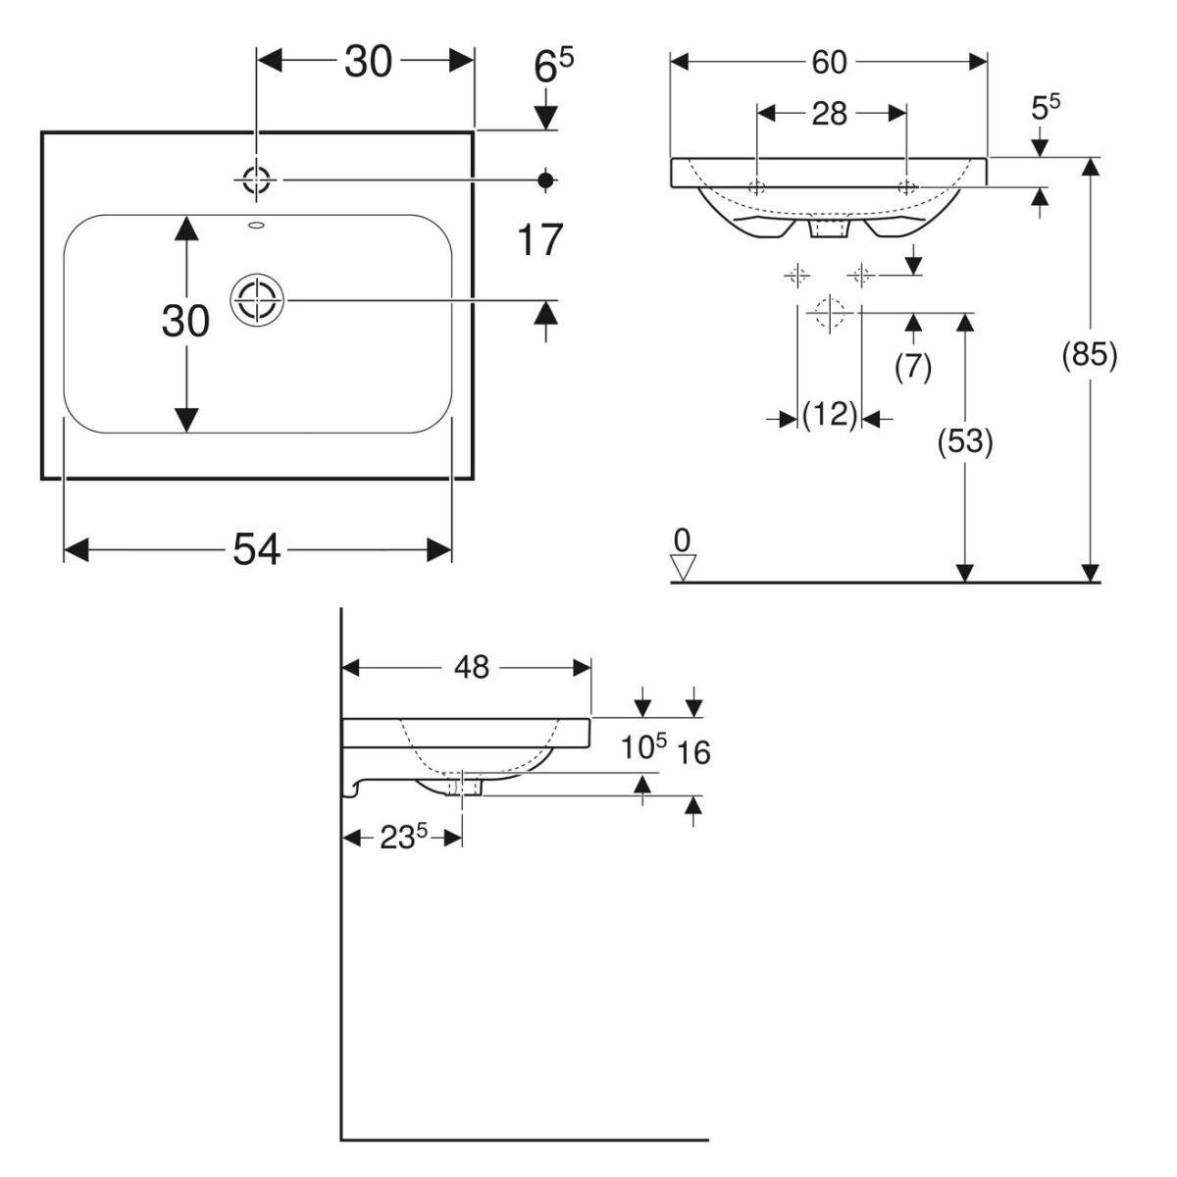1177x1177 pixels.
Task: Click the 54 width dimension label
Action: coord(257,550)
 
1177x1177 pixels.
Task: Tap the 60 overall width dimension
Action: coord(829,62)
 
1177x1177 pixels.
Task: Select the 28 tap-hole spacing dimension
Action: coord(829,114)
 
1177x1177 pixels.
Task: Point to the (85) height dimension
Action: coord(1090,355)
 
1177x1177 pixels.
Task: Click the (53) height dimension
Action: coord(966,442)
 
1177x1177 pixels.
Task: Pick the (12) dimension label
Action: coord(830,415)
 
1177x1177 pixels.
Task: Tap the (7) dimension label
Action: coord(913,365)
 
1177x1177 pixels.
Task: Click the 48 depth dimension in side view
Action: coord(471,667)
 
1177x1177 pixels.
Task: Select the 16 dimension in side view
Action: coord(693,753)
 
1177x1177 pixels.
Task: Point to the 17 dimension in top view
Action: coord(539,239)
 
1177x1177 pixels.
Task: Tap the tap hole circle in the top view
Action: coord(256,179)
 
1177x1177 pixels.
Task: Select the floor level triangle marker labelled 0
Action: coord(683,565)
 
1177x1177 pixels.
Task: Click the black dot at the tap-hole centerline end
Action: coord(546,179)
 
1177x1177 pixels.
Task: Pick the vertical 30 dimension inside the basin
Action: coord(184,321)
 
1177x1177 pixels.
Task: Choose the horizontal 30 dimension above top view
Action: coord(368,62)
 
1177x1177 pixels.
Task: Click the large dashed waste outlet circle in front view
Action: coord(830,313)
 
